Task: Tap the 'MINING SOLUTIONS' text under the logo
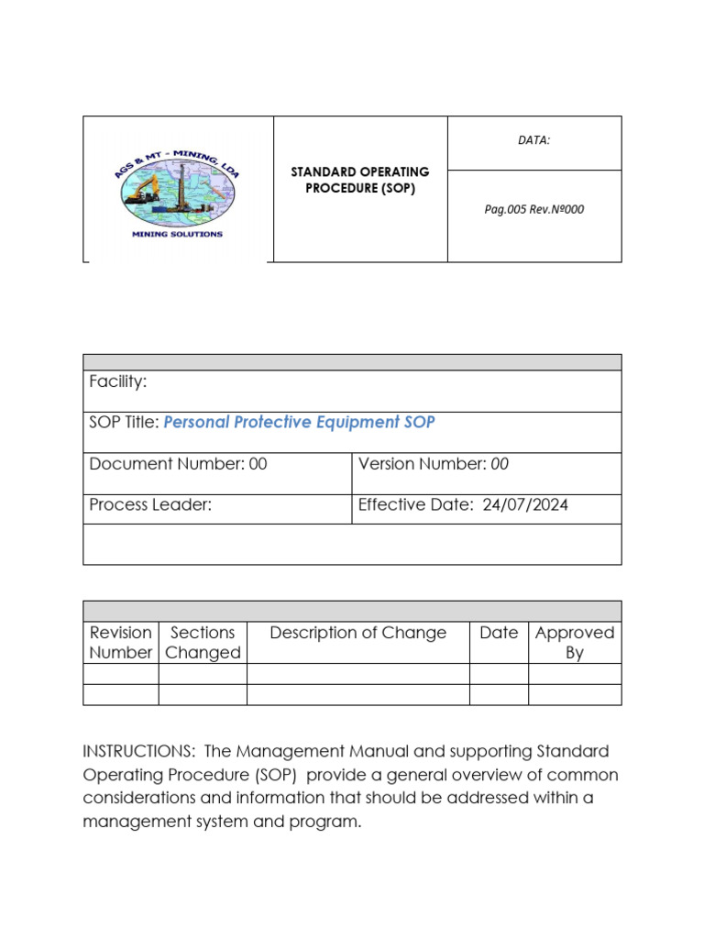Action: point(177,234)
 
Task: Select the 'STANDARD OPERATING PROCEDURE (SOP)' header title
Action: point(360,181)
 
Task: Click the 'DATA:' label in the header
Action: point(534,140)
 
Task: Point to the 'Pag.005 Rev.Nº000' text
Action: point(534,209)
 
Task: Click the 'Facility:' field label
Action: point(118,381)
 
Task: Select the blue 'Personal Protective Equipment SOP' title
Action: point(299,423)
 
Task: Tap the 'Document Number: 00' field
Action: point(179,464)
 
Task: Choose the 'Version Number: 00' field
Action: point(434,464)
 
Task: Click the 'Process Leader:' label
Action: point(150,504)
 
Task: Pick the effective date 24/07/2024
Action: point(525,504)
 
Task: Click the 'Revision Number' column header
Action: point(120,643)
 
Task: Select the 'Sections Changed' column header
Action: point(203,643)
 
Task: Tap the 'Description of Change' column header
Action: point(358,633)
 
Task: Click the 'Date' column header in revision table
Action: point(499,633)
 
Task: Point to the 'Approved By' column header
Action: point(575,643)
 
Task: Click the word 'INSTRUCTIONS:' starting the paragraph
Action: point(138,751)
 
